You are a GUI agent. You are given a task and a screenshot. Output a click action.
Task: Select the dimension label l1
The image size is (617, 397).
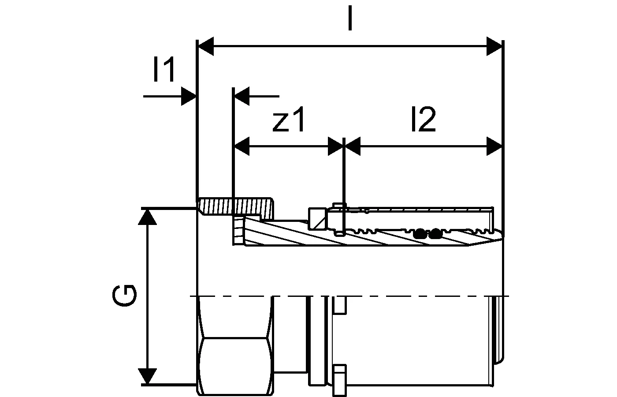[x=164, y=71]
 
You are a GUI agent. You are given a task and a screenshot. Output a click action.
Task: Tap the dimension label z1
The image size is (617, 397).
[x=289, y=120]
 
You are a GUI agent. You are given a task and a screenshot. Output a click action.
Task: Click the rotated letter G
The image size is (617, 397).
[x=124, y=296]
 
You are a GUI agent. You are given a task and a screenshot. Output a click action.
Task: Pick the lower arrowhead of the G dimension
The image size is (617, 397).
[x=147, y=376]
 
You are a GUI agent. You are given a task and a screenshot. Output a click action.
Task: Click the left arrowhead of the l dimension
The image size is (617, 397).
[x=206, y=46]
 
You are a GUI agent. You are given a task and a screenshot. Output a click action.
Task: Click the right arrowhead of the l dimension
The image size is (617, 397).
[x=494, y=46]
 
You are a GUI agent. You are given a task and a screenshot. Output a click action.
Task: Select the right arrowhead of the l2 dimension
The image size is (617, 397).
[x=494, y=146]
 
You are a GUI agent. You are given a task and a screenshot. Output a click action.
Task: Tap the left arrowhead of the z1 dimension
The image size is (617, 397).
[x=242, y=146]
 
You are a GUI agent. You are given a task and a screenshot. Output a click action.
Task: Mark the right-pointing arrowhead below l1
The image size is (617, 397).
[x=189, y=96]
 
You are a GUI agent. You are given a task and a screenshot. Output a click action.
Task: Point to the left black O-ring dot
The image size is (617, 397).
[x=420, y=233]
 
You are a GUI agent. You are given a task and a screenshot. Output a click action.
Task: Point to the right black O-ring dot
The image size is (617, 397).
[x=436, y=233]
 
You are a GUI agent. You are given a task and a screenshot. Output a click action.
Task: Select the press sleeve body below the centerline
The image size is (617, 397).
[x=414, y=340]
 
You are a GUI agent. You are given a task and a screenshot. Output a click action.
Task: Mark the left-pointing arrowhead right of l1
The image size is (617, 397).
[x=242, y=96]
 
